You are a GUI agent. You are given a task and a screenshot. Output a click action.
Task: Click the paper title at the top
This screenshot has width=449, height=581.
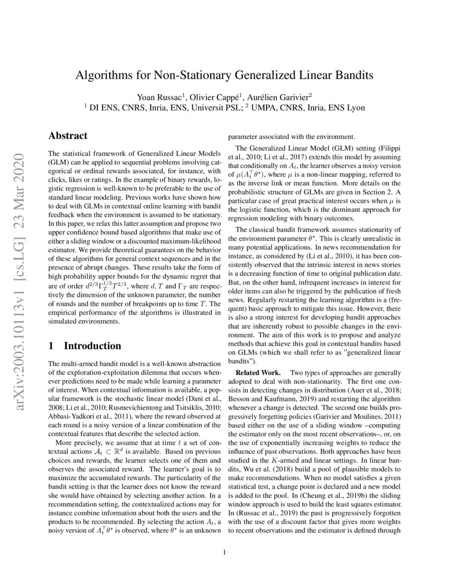point(224,75)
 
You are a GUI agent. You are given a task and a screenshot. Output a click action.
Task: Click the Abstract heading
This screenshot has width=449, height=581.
point(68,136)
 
